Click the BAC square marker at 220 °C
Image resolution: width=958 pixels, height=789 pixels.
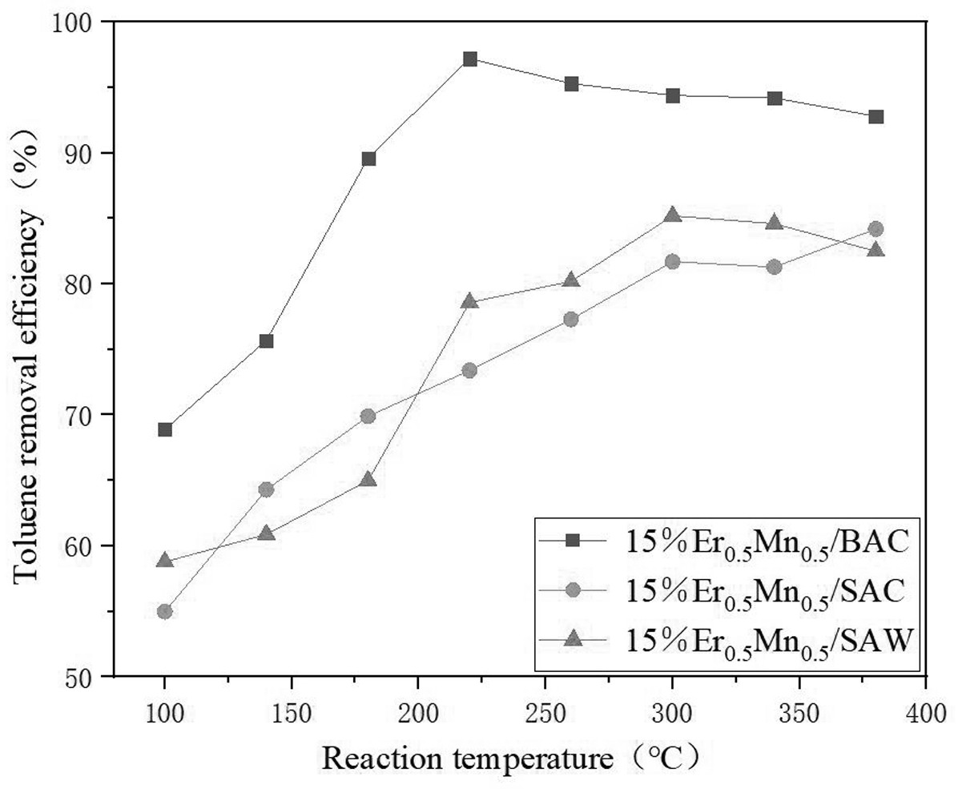point(470,59)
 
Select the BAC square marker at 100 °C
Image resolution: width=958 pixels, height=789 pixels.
point(165,429)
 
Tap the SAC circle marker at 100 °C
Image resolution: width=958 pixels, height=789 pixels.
point(165,611)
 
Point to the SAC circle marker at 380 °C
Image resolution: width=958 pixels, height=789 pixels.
point(875,229)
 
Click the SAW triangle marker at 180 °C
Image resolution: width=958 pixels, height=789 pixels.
point(368,479)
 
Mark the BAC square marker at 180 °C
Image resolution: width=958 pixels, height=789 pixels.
point(368,159)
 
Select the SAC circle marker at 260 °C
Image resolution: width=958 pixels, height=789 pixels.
point(571,319)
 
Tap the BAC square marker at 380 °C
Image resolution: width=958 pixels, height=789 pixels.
point(875,117)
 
